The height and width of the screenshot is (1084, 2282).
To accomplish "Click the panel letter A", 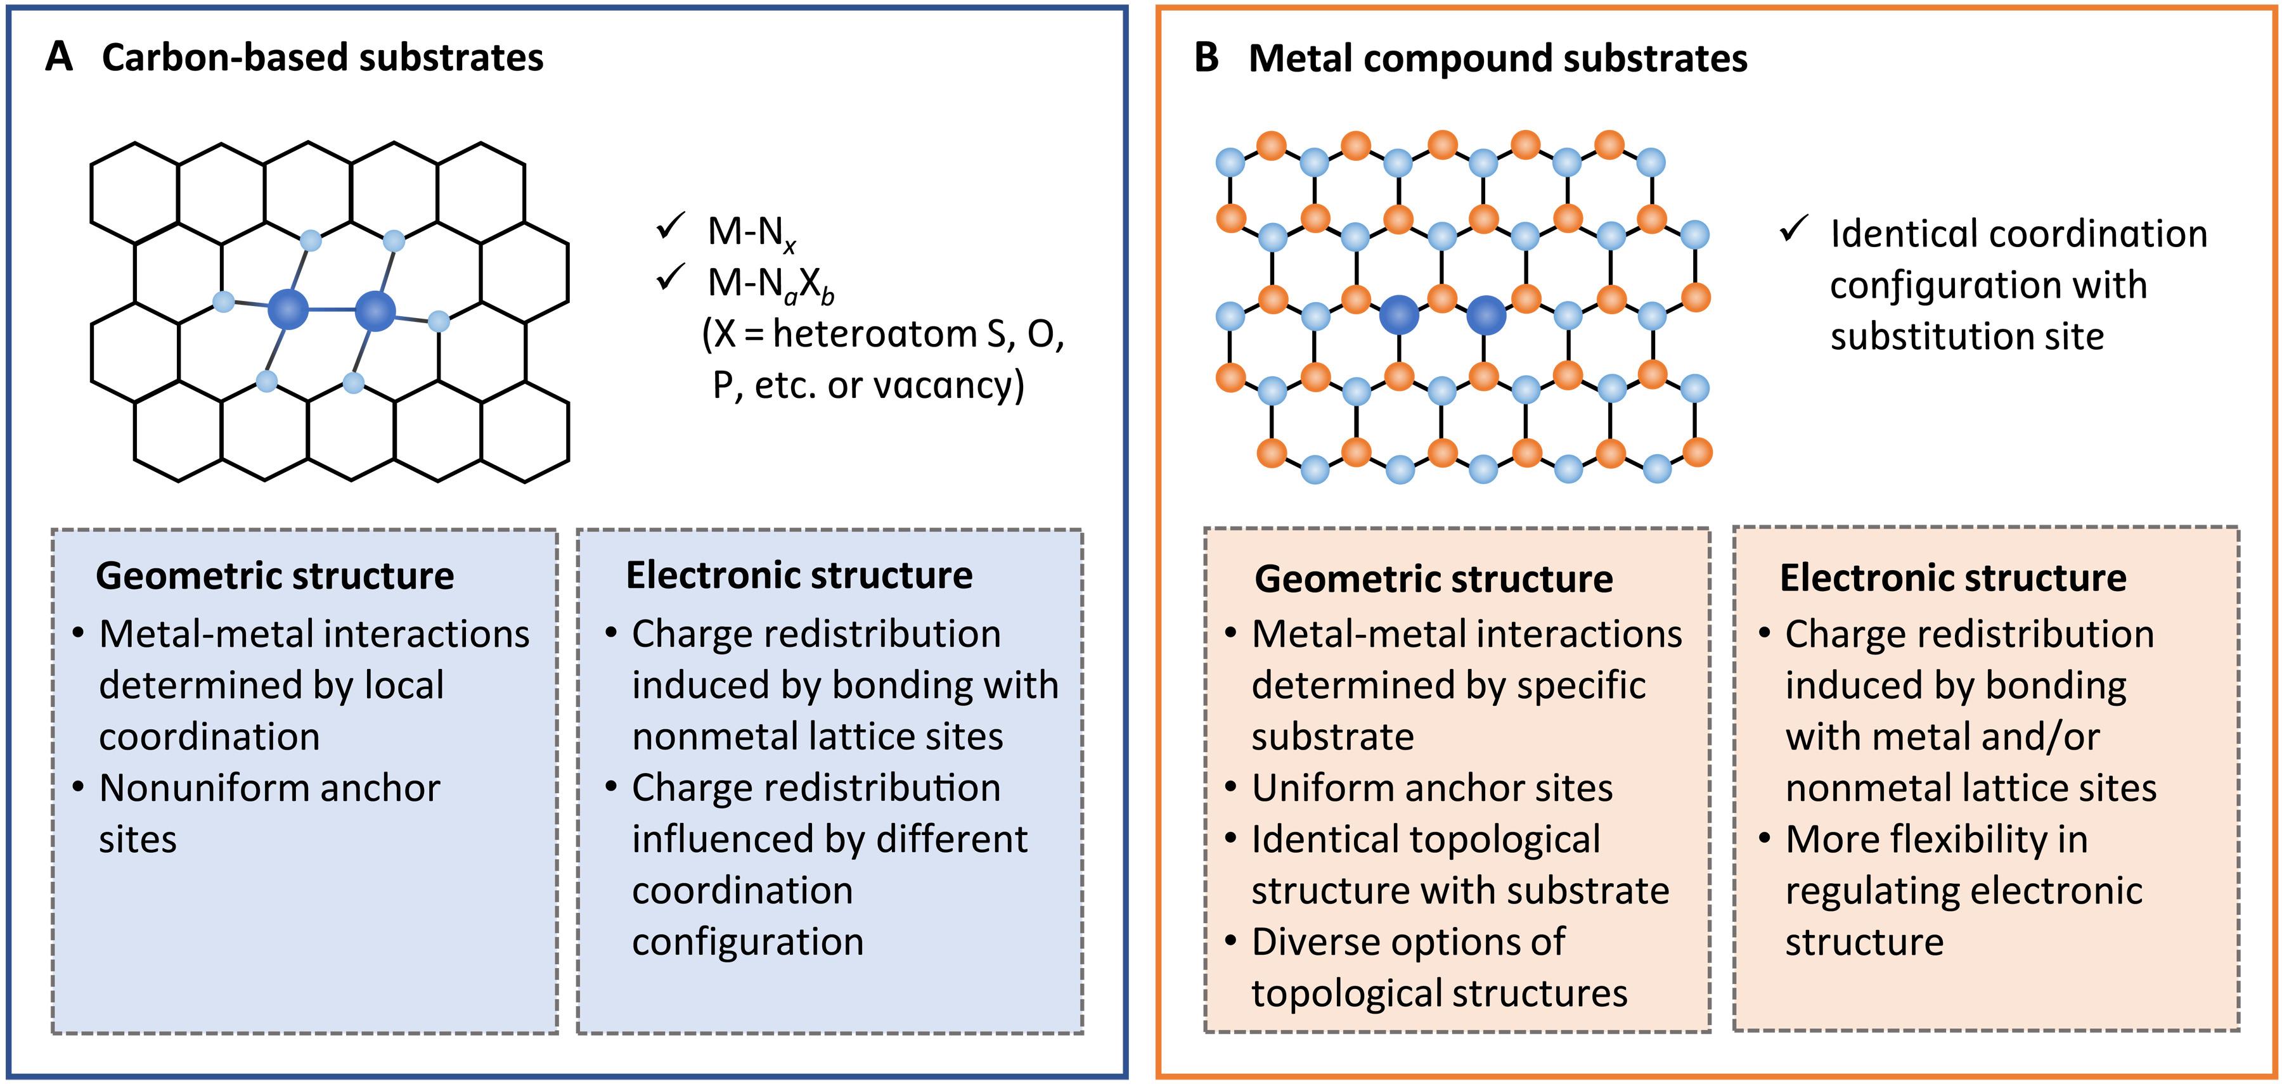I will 58,58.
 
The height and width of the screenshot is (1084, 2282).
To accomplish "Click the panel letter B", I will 1206,58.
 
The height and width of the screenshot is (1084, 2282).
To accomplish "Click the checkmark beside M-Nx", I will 670,227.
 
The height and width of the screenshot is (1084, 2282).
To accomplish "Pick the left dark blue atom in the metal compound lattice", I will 1399,314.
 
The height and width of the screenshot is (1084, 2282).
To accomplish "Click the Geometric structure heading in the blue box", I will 274,577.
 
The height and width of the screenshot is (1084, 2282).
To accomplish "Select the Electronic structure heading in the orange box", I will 1952,577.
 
